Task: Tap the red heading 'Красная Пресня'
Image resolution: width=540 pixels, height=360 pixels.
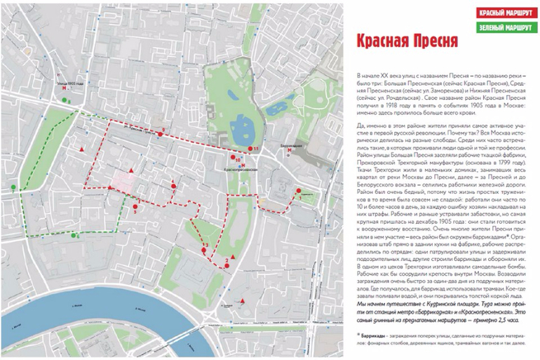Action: [x=398, y=41]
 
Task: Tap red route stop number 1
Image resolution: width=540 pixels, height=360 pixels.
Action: [x=299, y=191]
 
